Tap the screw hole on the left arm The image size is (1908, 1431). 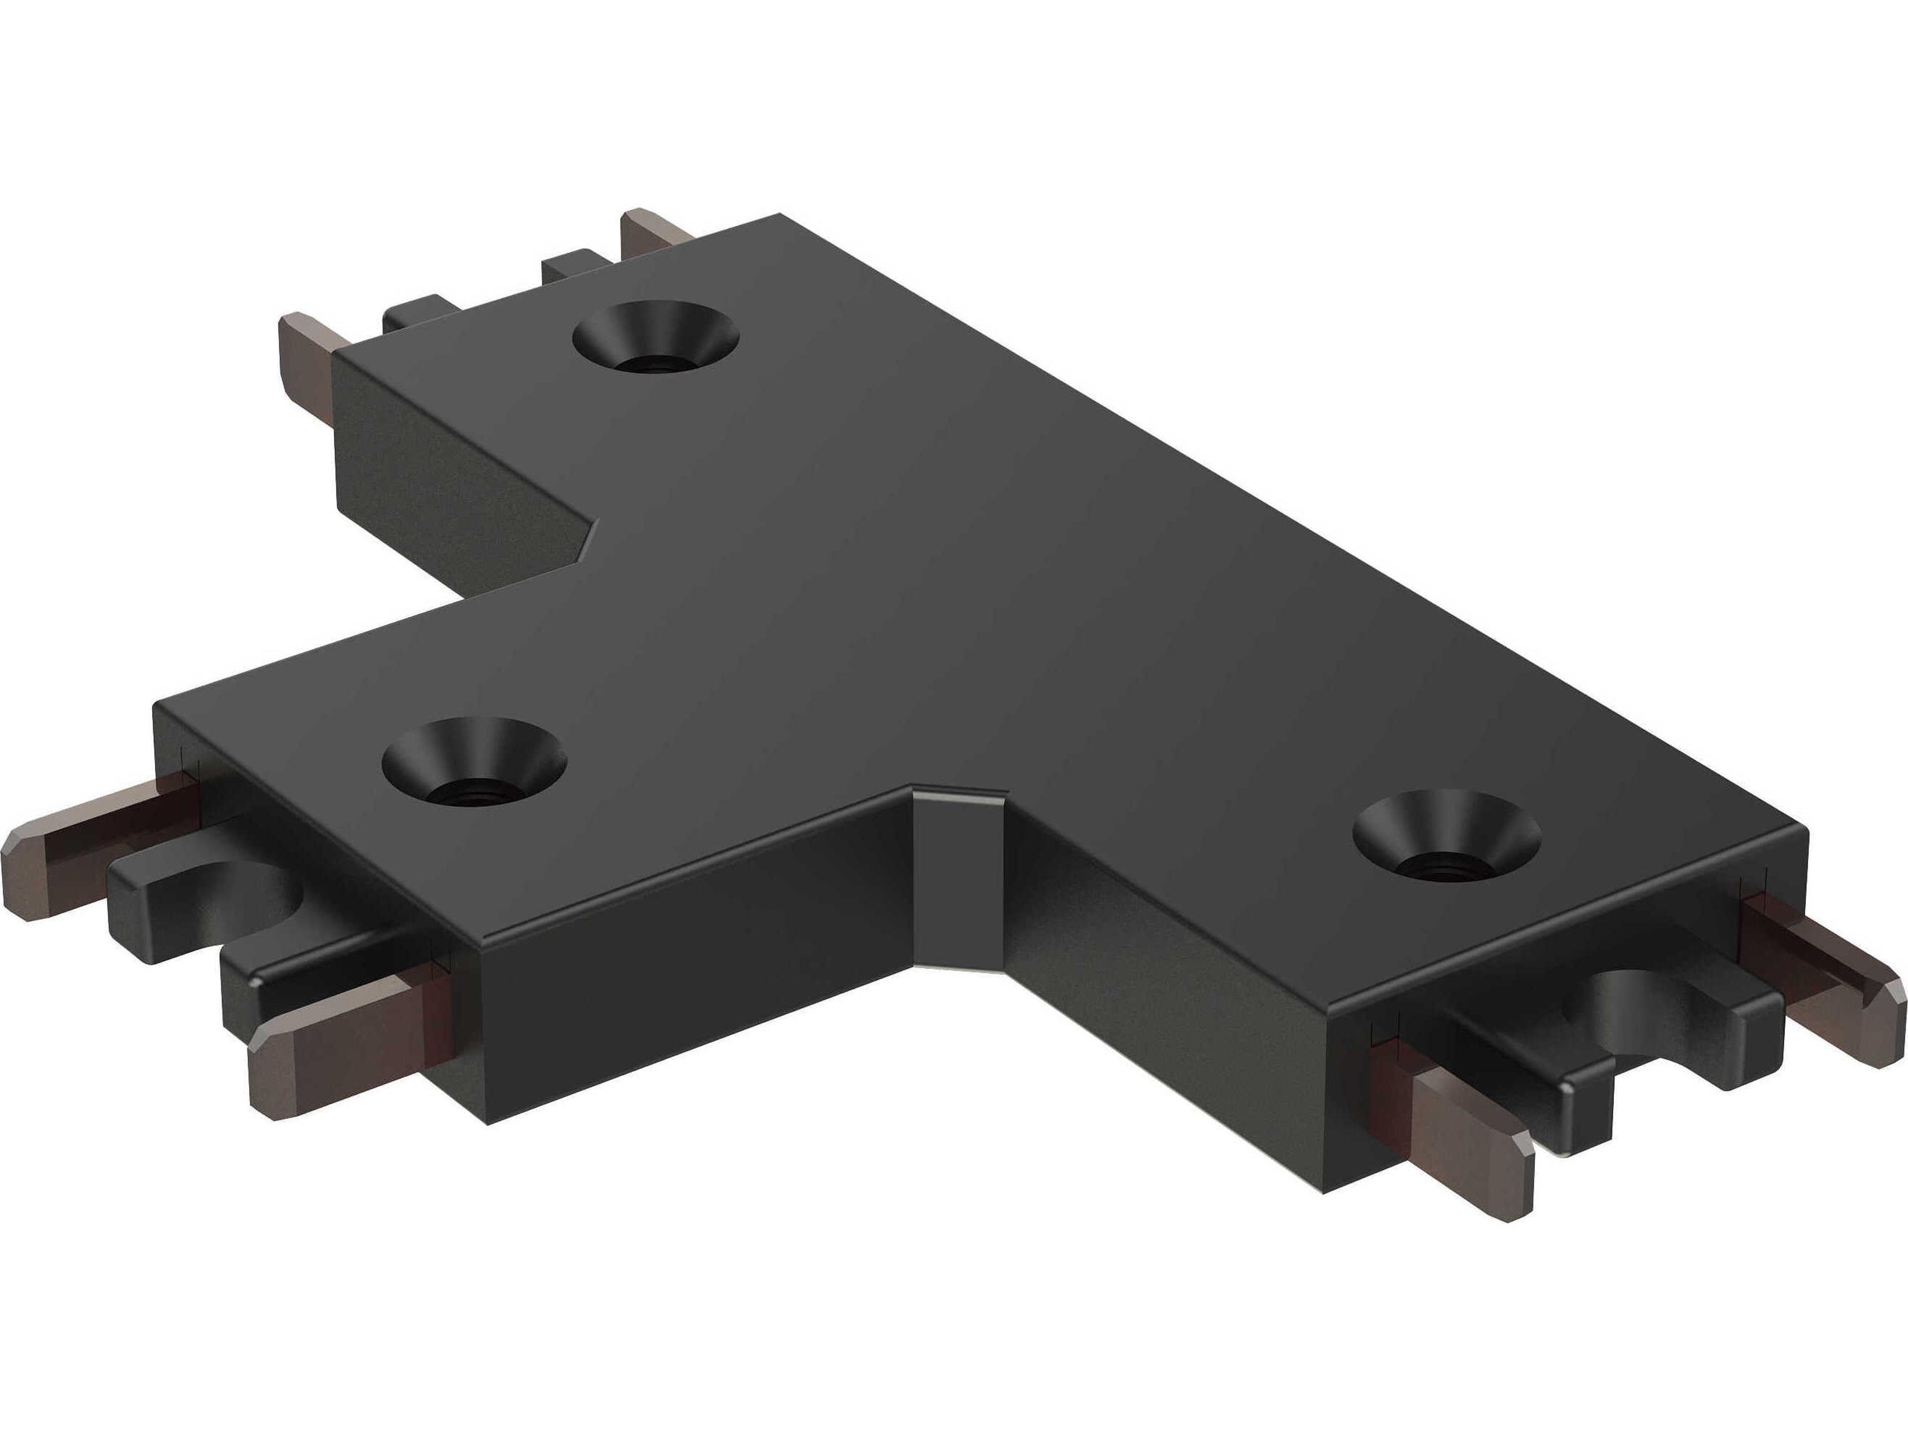click(x=474, y=763)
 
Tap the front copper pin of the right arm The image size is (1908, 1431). click(x=1466, y=1139)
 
